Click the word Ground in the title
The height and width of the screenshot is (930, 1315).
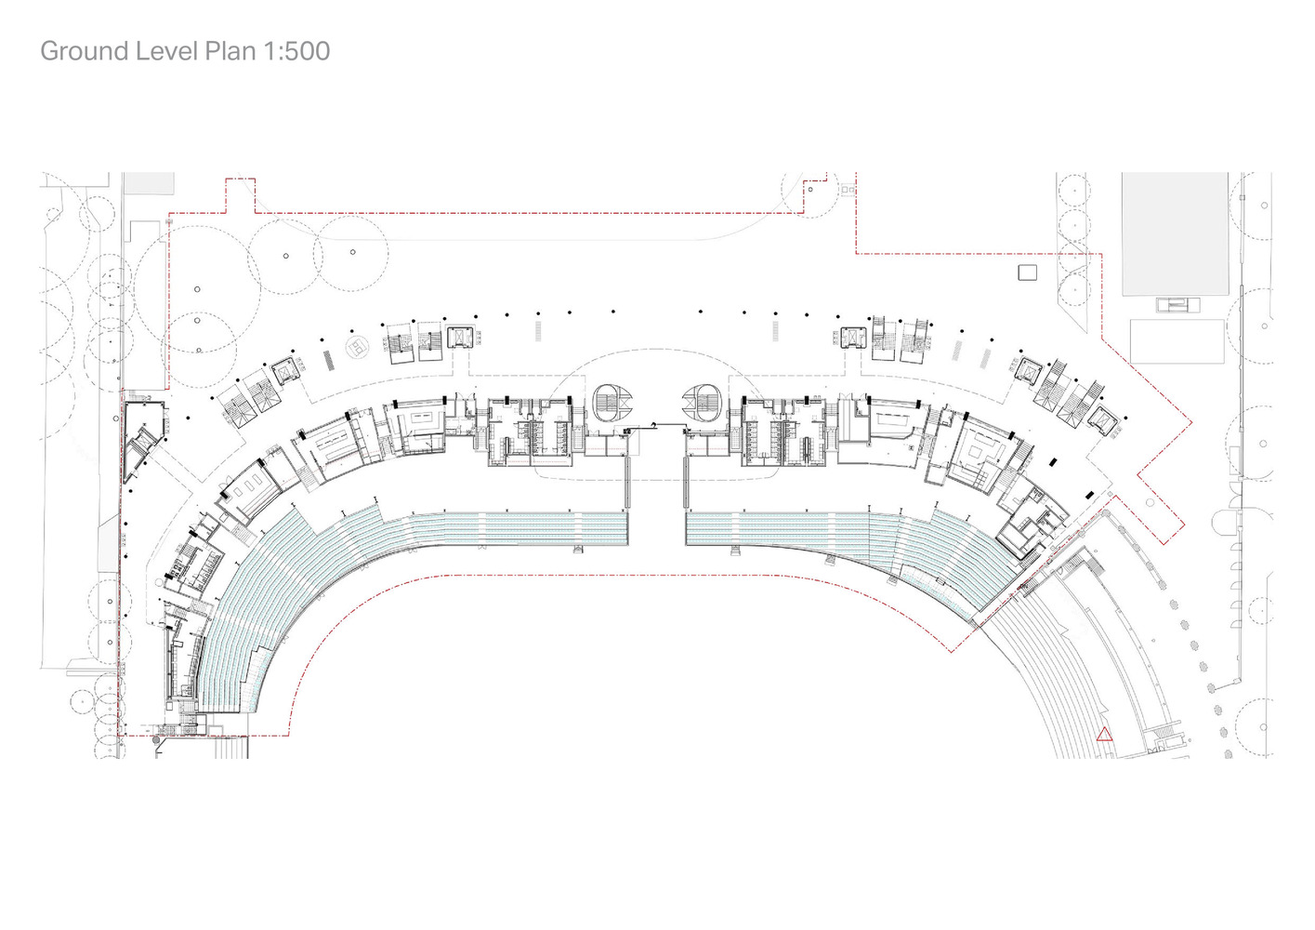click(x=84, y=52)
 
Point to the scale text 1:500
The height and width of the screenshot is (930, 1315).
click(x=297, y=51)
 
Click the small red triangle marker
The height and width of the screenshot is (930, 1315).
click(x=1104, y=734)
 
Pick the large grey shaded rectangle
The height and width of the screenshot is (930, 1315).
click(x=1175, y=233)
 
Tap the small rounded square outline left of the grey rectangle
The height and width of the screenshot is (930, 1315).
click(x=1027, y=272)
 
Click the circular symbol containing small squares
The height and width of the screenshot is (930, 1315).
click(x=357, y=347)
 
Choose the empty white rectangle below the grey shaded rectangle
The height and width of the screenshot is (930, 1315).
click(x=1177, y=341)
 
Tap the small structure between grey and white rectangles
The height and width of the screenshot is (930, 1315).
click(x=1178, y=305)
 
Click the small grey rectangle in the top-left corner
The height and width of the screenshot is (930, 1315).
click(x=149, y=182)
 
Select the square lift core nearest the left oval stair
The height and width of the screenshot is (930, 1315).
click(x=461, y=338)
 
